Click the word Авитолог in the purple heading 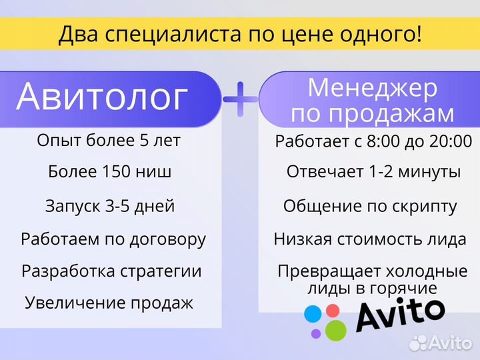click(102, 97)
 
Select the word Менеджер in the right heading click(373, 88)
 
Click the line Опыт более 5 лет click(109, 141)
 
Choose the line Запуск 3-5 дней click(110, 206)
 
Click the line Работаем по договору click(113, 239)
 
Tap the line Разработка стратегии click(111, 271)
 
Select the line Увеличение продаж click(109, 303)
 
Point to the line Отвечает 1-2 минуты click(373, 172)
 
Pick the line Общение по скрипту click(370, 206)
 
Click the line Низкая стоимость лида click(376, 239)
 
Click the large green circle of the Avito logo click(335, 329)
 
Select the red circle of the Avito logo click(331, 310)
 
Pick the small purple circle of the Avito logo click(315, 333)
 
